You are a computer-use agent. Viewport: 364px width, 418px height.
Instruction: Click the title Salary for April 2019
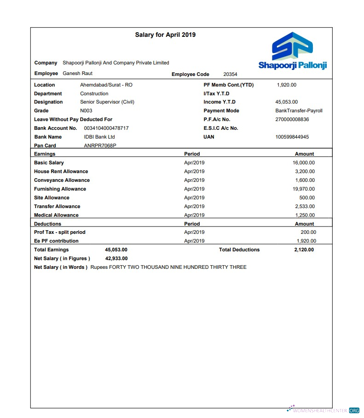165,35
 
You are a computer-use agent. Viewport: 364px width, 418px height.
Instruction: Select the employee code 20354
230,74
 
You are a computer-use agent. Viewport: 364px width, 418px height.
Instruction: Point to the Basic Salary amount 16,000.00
304,163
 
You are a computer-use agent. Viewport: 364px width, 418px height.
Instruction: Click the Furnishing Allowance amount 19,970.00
304,189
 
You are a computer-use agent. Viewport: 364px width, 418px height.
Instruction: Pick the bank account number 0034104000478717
106,128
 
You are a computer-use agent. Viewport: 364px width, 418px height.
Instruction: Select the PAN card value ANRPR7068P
100,145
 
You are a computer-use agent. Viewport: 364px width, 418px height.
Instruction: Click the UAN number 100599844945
292,137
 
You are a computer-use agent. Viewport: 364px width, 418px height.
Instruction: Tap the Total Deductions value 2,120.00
304,250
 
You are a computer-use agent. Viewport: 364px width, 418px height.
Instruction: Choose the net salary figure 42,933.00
116,258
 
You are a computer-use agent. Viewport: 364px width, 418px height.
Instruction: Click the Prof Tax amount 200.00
308,232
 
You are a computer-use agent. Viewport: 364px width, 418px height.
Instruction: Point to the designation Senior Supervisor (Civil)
107,102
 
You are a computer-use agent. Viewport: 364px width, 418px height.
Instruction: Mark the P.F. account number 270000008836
292,119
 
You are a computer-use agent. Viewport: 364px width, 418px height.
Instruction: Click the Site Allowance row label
52,197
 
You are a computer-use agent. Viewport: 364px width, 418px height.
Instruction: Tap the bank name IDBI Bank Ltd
99,137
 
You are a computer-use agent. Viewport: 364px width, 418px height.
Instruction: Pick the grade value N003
86,110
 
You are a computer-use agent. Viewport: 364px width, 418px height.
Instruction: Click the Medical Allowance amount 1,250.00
305,215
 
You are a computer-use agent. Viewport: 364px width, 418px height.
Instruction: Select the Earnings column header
45,154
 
